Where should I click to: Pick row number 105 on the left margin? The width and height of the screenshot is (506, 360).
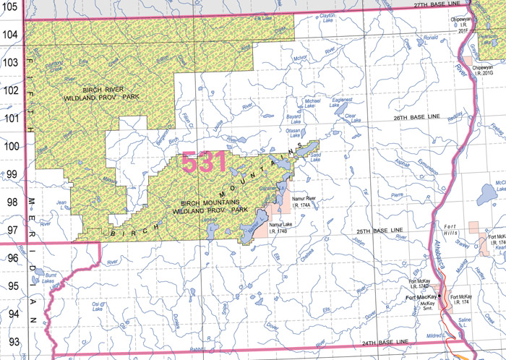(x=12, y=7)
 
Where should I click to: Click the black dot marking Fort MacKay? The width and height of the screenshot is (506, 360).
(x=439, y=296)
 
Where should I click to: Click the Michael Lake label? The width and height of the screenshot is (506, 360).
(x=312, y=103)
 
